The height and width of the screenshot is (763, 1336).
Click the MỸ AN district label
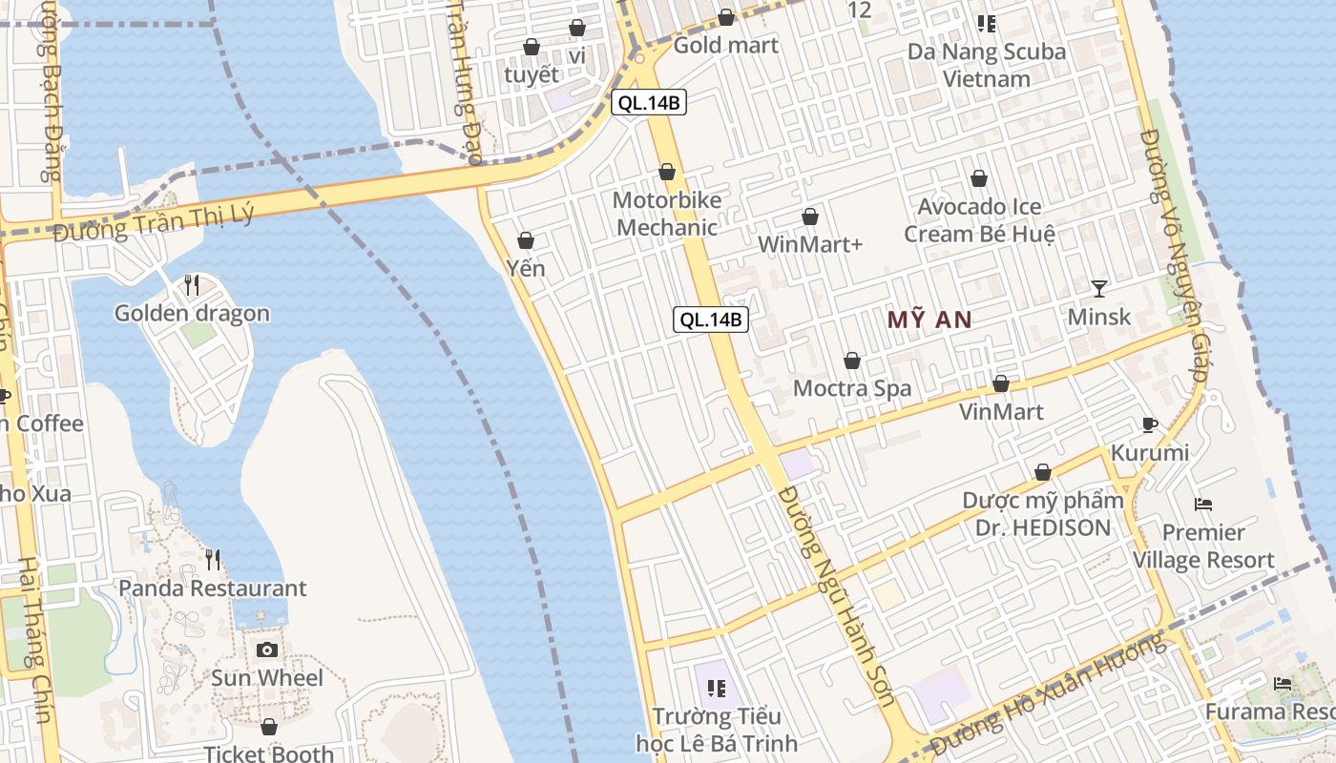[929, 320]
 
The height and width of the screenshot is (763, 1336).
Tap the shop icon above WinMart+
[810, 217]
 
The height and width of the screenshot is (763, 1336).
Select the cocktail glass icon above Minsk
[1099, 288]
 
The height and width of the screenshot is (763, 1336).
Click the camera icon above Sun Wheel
[267, 650]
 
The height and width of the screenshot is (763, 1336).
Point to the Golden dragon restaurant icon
[192, 284]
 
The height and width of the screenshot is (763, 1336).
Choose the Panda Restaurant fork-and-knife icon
[213, 560]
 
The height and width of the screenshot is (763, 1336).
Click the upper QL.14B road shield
[649, 103]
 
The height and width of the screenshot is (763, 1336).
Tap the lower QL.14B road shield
[711, 320]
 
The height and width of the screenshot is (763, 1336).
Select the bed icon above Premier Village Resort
[1203, 504]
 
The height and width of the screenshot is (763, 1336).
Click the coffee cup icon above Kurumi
[1150, 424]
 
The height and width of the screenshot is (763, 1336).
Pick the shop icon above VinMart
[1001, 384]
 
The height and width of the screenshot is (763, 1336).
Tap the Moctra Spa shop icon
[852, 361]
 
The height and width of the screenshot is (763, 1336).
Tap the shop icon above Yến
[525, 240]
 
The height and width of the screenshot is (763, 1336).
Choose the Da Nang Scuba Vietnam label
[987, 65]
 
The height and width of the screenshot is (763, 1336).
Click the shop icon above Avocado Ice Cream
[979, 178]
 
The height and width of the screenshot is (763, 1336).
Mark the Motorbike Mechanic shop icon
[667, 173]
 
